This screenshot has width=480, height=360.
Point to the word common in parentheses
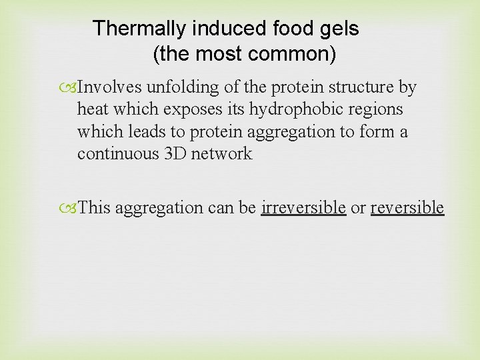tap(297, 54)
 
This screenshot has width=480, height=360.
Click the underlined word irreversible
tap(303, 207)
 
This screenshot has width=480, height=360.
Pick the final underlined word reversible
tap(407, 207)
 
